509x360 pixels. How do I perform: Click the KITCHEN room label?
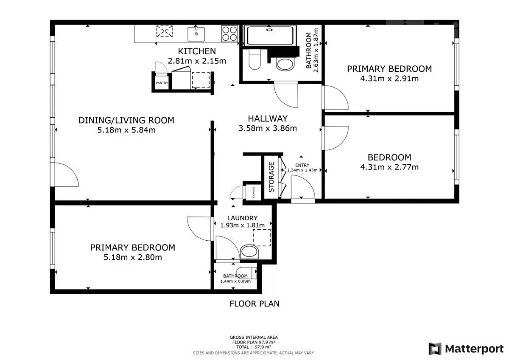pyautogui.click(x=197, y=51)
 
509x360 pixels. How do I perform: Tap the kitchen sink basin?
pyautogui.click(x=196, y=34)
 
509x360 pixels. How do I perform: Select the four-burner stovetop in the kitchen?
pyautogui.click(x=229, y=34)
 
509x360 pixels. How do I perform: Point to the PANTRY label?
pyautogui.click(x=162, y=83)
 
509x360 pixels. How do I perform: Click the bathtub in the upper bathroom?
pyautogui.click(x=270, y=36)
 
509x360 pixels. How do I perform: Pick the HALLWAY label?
pyautogui.click(x=268, y=118)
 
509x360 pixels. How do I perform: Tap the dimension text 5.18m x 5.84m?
pyautogui.click(x=126, y=130)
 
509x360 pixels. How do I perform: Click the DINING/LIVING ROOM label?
pyautogui.click(x=126, y=120)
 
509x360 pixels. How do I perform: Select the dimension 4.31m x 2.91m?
pyautogui.click(x=389, y=79)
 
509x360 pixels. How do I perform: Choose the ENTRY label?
pyautogui.click(x=302, y=165)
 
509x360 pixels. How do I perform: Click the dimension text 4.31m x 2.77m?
pyautogui.click(x=389, y=167)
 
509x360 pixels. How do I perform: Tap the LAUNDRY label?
pyautogui.click(x=243, y=218)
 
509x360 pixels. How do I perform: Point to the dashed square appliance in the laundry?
pyautogui.click(x=262, y=238)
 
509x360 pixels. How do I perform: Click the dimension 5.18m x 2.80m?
pyautogui.click(x=133, y=257)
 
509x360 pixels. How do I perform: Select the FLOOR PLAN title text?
pyautogui.click(x=255, y=304)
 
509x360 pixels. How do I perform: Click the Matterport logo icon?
pyautogui.click(x=435, y=349)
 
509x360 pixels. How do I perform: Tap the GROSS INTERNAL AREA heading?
pyautogui.click(x=254, y=337)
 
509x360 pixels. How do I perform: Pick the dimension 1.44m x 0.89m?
pyautogui.click(x=235, y=281)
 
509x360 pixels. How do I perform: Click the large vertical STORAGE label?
pyautogui.click(x=271, y=177)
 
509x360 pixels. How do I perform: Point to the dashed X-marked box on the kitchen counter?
pyautogui.click(x=165, y=31)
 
